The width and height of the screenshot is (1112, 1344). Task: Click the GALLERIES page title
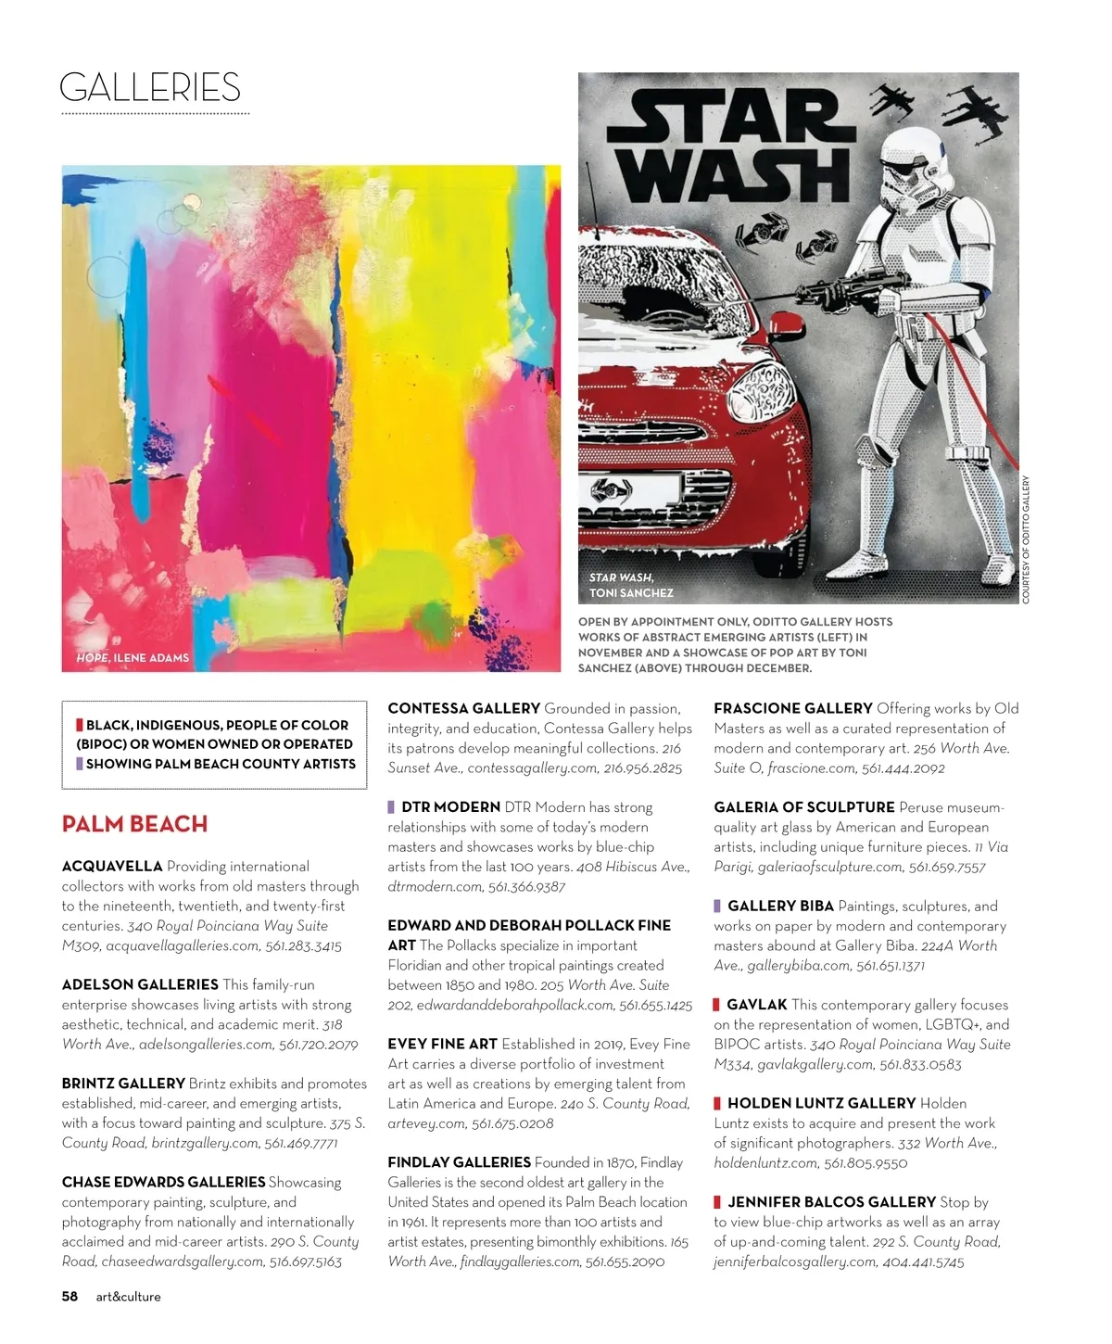(150, 88)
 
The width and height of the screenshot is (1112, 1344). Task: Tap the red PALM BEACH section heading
(134, 824)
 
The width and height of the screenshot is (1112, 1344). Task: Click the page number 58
(69, 1297)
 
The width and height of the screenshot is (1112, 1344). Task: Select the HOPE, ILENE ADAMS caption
(133, 658)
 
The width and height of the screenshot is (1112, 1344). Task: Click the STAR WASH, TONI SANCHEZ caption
(631, 585)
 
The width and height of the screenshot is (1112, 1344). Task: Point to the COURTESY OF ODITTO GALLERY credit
(1026, 539)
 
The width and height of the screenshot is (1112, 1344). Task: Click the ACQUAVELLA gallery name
(112, 867)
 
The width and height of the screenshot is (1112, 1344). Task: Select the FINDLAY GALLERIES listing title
(459, 1162)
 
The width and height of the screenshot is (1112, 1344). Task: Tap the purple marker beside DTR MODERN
(392, 807)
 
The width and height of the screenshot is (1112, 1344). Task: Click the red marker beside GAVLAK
(717, 1005)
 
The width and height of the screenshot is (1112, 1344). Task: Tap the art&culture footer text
(128, 1297)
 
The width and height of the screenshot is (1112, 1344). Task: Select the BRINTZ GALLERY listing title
(123, 1084)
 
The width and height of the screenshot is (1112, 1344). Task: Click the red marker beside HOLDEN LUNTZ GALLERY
(717, 1103)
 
